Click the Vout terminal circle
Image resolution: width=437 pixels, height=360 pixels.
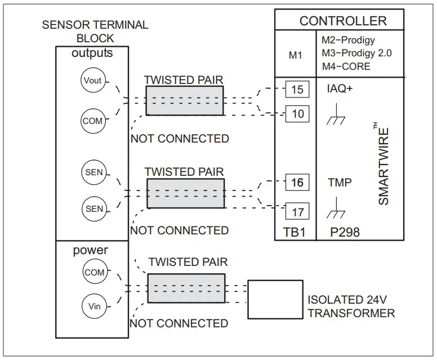92,81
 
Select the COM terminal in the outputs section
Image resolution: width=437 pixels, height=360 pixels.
92,121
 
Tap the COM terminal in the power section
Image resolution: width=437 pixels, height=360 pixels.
94,272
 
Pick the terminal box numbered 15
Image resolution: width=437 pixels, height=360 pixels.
297,90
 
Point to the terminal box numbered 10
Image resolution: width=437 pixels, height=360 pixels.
297,114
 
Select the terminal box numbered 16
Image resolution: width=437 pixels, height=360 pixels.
297,183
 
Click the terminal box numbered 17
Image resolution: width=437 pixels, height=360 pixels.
297,212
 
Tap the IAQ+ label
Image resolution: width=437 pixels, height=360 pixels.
340,90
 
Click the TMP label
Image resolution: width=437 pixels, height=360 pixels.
340,183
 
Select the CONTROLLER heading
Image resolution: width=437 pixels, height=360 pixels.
343,21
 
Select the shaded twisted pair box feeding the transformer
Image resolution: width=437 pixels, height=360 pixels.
186,288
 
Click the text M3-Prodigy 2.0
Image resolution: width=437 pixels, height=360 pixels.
356,54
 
